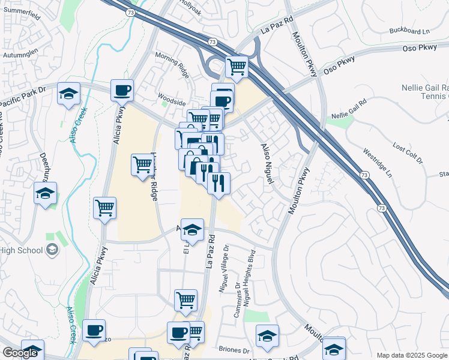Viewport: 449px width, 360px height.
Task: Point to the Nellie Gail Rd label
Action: pyautogui.click(x=349, y=110)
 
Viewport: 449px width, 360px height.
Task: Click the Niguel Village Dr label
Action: pyautogui.click(x=226, y=263)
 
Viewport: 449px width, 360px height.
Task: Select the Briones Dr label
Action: pyautogui.click(x=234, y=350)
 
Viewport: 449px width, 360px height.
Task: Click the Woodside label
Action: pyautogui.click(x=171, y=103)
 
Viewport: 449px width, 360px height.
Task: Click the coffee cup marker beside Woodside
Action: pyautogui.click(x=122, y=90)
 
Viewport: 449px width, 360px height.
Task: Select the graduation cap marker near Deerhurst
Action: pyautogui.click(x=45, y=193)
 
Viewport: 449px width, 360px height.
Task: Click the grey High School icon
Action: pyautogui.click(x=52, y=250)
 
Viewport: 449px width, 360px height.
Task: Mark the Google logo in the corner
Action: pyautogui.click(x=20, y=353)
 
